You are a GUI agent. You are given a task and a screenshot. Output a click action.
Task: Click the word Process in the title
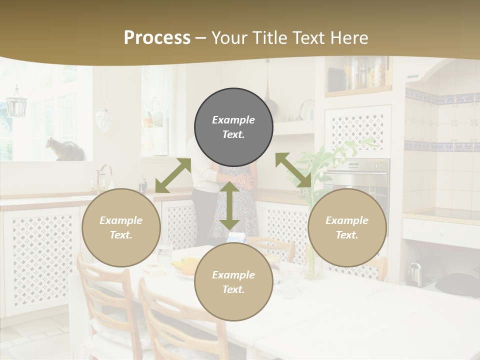[157, 38]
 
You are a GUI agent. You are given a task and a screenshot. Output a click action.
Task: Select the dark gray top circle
[233, 127]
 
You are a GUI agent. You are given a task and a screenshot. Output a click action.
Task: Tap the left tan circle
[121, 228]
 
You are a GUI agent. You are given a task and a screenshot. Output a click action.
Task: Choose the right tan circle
[347, 228]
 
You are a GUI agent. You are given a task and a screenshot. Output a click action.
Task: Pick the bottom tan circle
[233, 282]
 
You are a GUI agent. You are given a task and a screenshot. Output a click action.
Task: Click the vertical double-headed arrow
[229, 205]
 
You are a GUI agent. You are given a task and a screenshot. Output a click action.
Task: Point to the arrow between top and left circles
[173, 175]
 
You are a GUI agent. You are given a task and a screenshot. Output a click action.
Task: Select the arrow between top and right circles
[293, 170]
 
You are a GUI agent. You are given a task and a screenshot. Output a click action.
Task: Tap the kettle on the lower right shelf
[414, 273]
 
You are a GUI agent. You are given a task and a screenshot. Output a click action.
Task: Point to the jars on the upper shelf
[365, 72]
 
